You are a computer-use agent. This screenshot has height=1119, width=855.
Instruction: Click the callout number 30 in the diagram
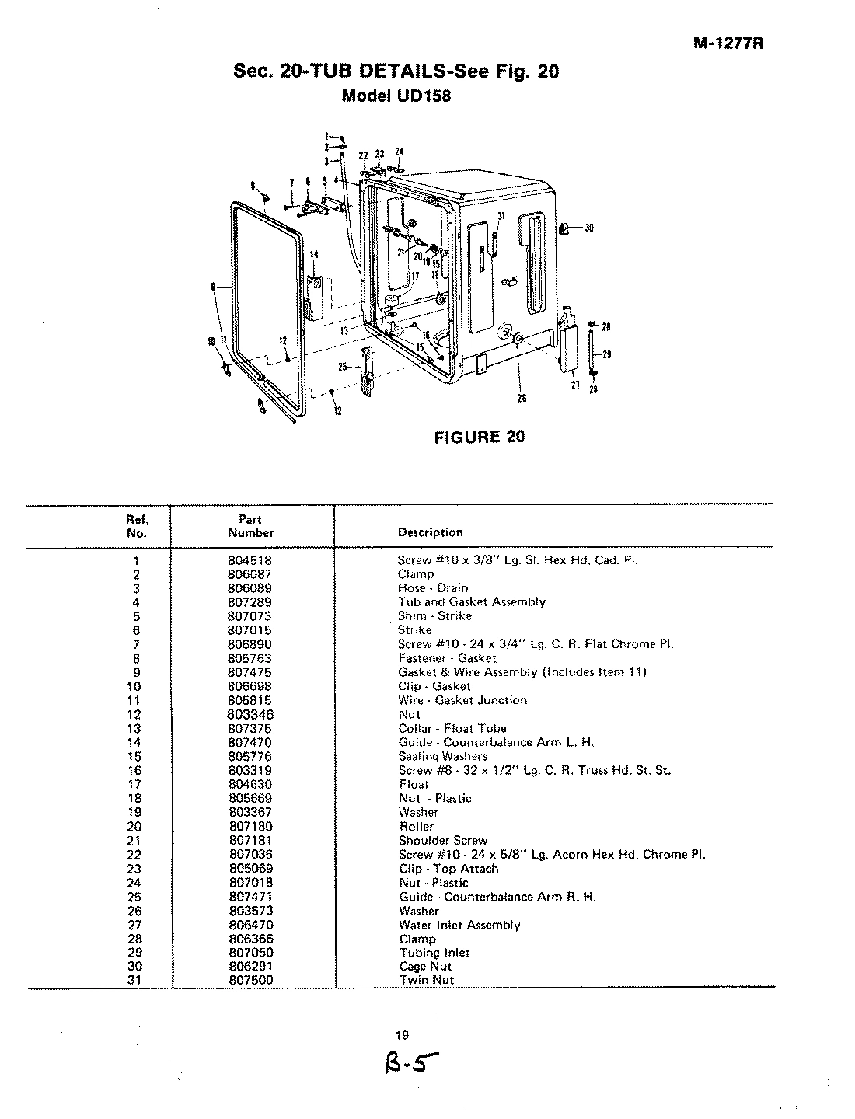tap(589, 228)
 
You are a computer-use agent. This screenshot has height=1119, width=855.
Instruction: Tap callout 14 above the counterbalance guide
tap(314, 254)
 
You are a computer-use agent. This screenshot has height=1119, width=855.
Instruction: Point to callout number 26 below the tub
tap(522, 398)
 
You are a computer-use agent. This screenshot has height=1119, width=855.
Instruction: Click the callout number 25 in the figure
tap(342, 366)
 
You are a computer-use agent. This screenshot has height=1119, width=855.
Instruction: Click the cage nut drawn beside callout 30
tap(566, 228)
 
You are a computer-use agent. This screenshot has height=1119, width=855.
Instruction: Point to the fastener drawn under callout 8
tap(265, 200)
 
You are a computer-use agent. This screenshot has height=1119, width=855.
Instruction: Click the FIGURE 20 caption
tap(479, 437)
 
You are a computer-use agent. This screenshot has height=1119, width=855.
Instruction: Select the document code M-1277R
tap(728, 44)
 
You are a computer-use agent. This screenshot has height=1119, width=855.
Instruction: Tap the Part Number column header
tap(250, 526)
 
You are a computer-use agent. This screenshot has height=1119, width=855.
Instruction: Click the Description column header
tap(430, 533)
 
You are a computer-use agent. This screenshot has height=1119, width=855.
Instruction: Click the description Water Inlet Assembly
tap(459, 925)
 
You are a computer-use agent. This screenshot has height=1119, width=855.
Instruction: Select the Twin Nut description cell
tap(426, 981)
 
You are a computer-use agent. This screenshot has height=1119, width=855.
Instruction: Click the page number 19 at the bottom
tap(402, 1035)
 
